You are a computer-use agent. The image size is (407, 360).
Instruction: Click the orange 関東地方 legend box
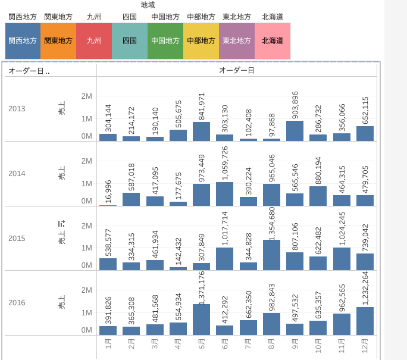(x=58, y=41)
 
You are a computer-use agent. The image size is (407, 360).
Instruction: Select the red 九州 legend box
(x=94, y=41)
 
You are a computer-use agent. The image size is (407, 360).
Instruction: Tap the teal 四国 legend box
(x=129, y=41)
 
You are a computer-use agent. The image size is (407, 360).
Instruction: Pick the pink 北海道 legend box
(x=273, y=41)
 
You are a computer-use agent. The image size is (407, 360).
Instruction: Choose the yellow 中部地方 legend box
(x=201, y=41)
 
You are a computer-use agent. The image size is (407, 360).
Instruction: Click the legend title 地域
(x=148, y=5)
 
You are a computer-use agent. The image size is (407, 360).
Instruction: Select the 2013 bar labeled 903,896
(x=295, y=131)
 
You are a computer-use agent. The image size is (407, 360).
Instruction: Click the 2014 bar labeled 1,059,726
(x=224, y=194)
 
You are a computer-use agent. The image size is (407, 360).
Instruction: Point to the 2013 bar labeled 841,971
(x=201, y=132)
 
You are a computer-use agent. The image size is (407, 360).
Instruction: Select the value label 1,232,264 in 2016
(x=365, y=287)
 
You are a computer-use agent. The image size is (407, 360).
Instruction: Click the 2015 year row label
(x=17, y=238)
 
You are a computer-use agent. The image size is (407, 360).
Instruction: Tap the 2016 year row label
(x=17, y=302)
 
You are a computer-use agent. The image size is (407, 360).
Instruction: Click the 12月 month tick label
(x=365, y=345)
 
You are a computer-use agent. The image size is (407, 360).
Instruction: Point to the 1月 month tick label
(x=108, y=345)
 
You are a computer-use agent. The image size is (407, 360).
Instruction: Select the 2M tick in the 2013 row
(x=86, y=96)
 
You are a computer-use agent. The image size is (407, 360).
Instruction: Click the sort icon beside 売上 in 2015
(x=61, y=224)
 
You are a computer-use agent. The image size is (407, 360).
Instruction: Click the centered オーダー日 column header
(x=237, y=71)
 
